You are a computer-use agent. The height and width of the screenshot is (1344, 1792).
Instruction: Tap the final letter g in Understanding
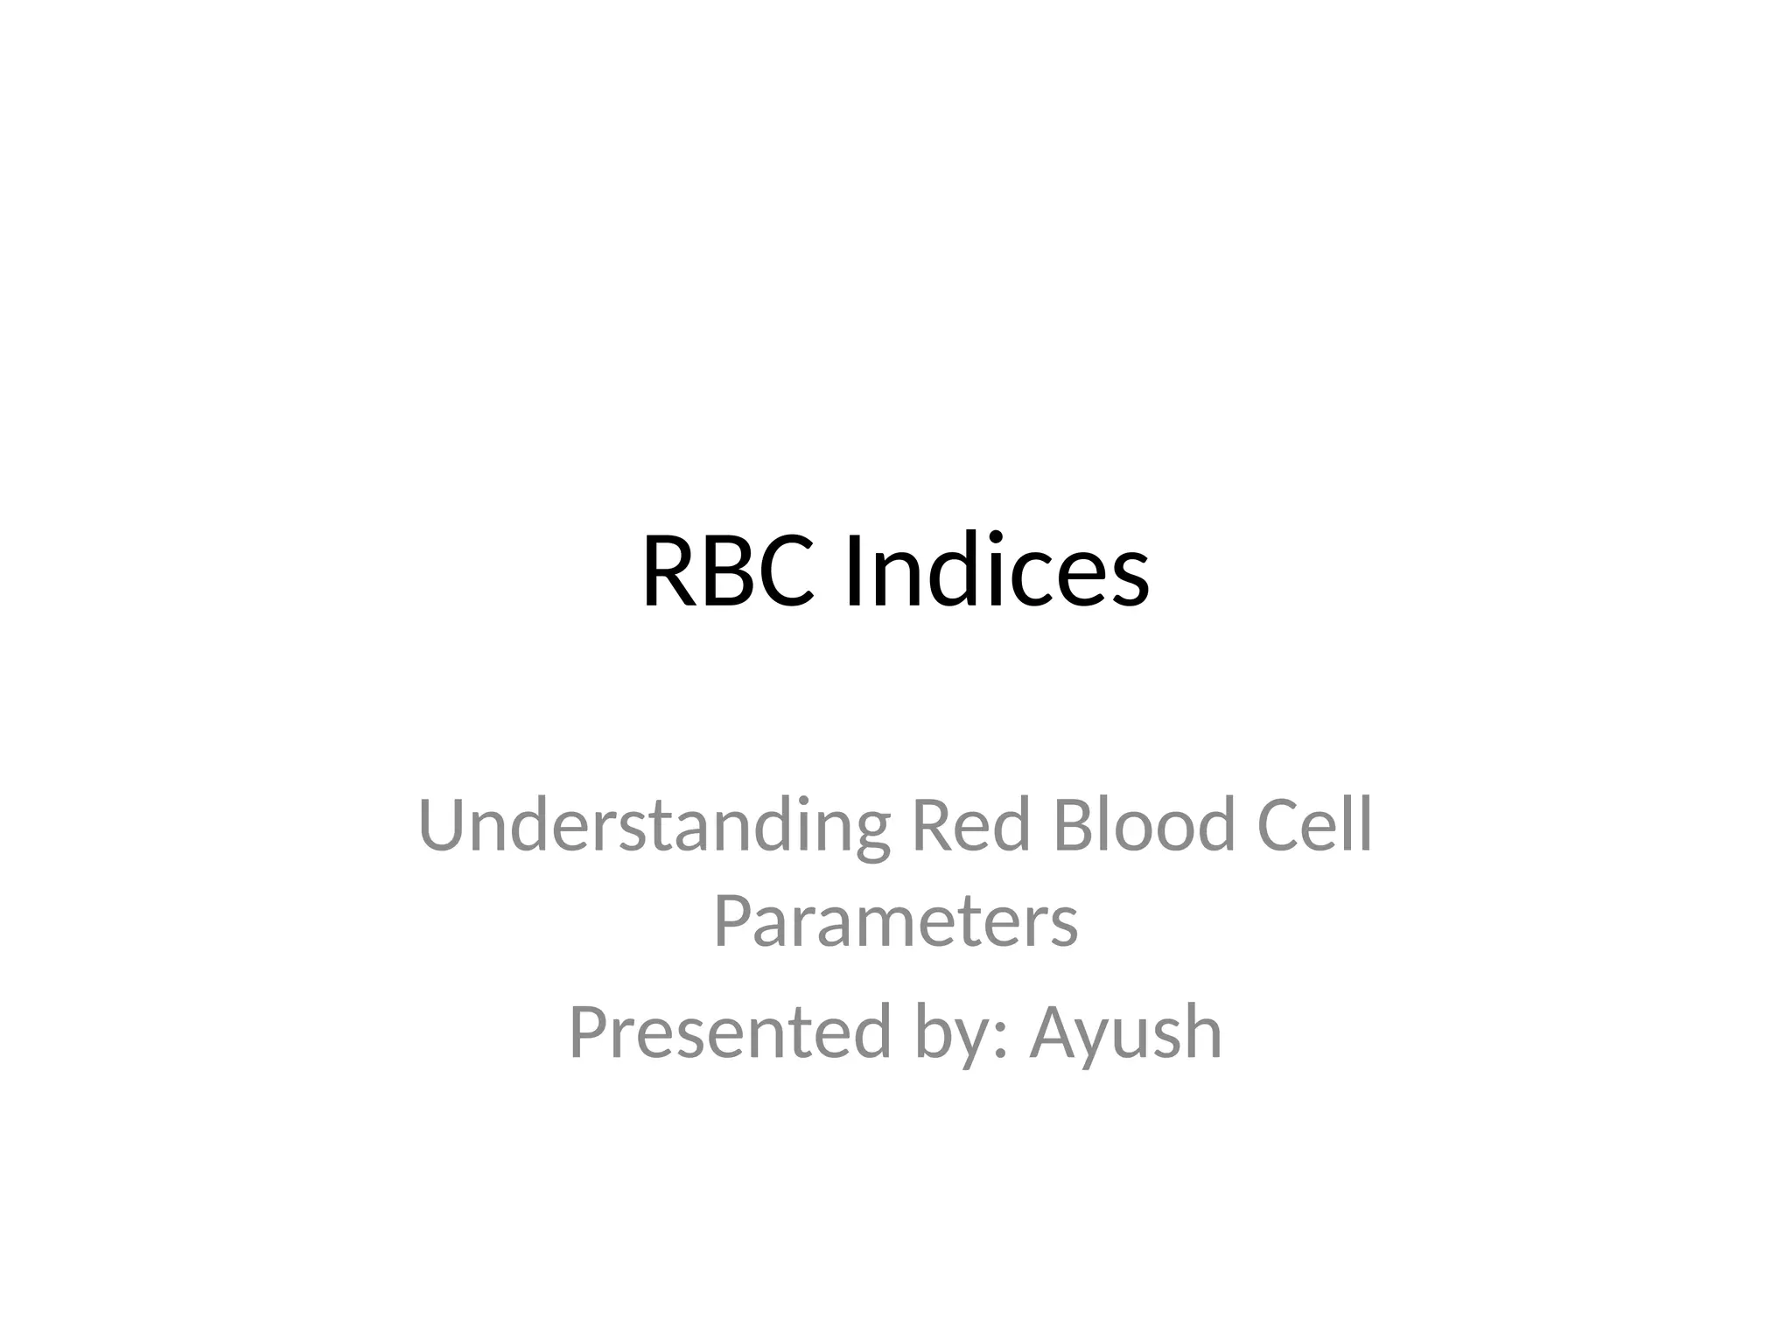[x=870, y=836]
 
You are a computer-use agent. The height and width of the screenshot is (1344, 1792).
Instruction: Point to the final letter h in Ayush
[x=1202, y=1033]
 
